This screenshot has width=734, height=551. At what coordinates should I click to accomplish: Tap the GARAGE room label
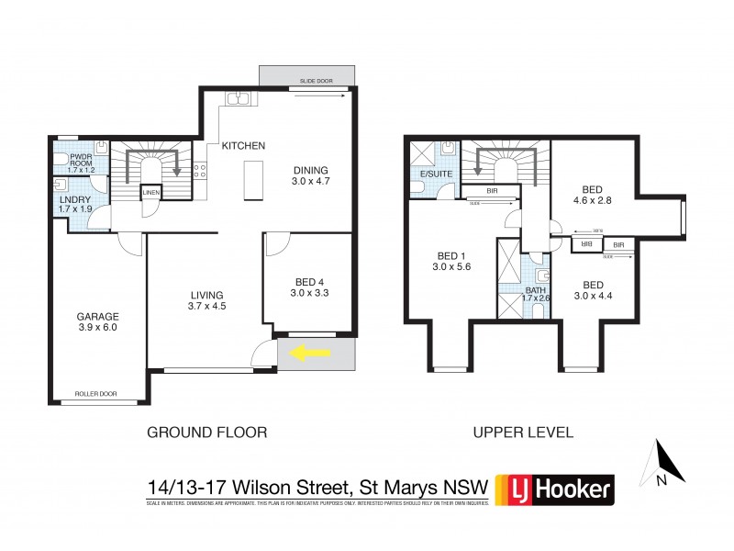[x=97, y=315]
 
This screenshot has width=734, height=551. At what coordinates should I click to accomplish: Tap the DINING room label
[x=310, y=170]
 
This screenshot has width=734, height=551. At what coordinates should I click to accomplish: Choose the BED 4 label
[x=308, y=281]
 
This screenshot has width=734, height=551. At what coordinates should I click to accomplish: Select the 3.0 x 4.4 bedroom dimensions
[x=591, y=293]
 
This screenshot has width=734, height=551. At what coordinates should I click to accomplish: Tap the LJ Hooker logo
[x=554, y=489]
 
